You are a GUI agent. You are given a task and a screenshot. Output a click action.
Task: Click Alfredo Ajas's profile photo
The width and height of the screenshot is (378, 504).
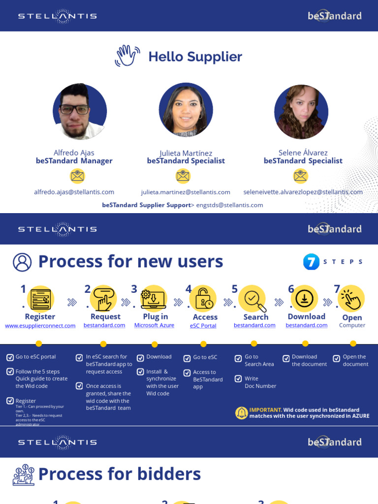point(80,111)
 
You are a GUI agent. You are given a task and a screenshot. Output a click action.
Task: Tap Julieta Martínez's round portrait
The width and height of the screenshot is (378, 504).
point(186,110)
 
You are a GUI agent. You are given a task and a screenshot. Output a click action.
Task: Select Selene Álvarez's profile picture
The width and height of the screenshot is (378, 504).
point(301,112)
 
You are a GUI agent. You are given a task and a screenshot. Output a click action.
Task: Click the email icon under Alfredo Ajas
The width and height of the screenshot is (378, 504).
point(77,176)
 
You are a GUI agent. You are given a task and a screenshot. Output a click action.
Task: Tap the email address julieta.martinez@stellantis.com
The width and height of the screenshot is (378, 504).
point(186,192)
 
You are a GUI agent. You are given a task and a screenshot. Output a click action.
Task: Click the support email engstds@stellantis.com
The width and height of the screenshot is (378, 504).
point(229,205)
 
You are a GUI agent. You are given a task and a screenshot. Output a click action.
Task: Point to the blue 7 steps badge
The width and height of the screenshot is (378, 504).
point(311,262)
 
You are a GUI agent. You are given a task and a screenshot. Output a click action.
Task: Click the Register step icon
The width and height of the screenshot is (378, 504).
point(40,299)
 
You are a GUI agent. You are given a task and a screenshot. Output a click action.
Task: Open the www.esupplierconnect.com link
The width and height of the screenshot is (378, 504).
point(40,325)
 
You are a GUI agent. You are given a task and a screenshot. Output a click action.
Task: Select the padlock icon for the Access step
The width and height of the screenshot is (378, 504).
point(203,299)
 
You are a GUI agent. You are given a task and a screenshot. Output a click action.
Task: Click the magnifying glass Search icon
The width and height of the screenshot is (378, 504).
point(252,299)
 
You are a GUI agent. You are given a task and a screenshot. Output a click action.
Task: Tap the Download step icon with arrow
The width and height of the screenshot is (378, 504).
point(304,298)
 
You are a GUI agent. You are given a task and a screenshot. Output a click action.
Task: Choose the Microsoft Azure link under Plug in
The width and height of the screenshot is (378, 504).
point(154,325)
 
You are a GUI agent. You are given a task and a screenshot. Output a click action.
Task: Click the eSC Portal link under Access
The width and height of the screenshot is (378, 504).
point(203,326)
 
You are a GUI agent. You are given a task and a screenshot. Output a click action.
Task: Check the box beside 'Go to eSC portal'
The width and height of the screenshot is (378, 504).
point(10,357)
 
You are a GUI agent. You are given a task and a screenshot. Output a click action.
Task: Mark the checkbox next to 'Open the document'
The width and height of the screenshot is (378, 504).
point(337,358)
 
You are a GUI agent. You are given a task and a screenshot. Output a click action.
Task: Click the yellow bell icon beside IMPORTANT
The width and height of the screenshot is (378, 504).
point(241,413)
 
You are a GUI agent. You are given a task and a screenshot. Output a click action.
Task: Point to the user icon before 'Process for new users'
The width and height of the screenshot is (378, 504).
point(22,262)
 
